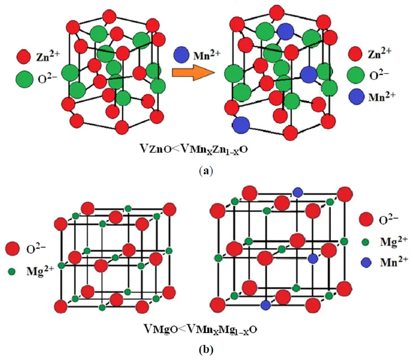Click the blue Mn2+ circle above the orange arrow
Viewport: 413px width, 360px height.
pyautogui.click(x=182, y=54)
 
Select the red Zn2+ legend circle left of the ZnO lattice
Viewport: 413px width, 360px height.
pyautogui.click(x=23, y=55)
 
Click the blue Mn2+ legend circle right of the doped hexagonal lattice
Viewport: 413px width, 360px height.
pyautogui.click(x=355, y=97)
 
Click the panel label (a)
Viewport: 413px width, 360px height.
pyautogui.click(x=206, y=171)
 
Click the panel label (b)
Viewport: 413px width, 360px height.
pyautogui.click(x=206, y=350)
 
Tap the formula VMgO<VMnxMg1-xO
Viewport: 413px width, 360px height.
pyautogui.click(x=200, y=328)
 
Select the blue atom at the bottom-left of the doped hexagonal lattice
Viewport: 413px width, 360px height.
pyautogui.click(x=241, y=125)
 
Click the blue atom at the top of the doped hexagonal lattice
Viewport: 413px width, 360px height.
pyautogui.click(x=286, y=31)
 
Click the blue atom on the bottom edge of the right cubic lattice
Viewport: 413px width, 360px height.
pyautogui.click(x=265, y=305)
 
